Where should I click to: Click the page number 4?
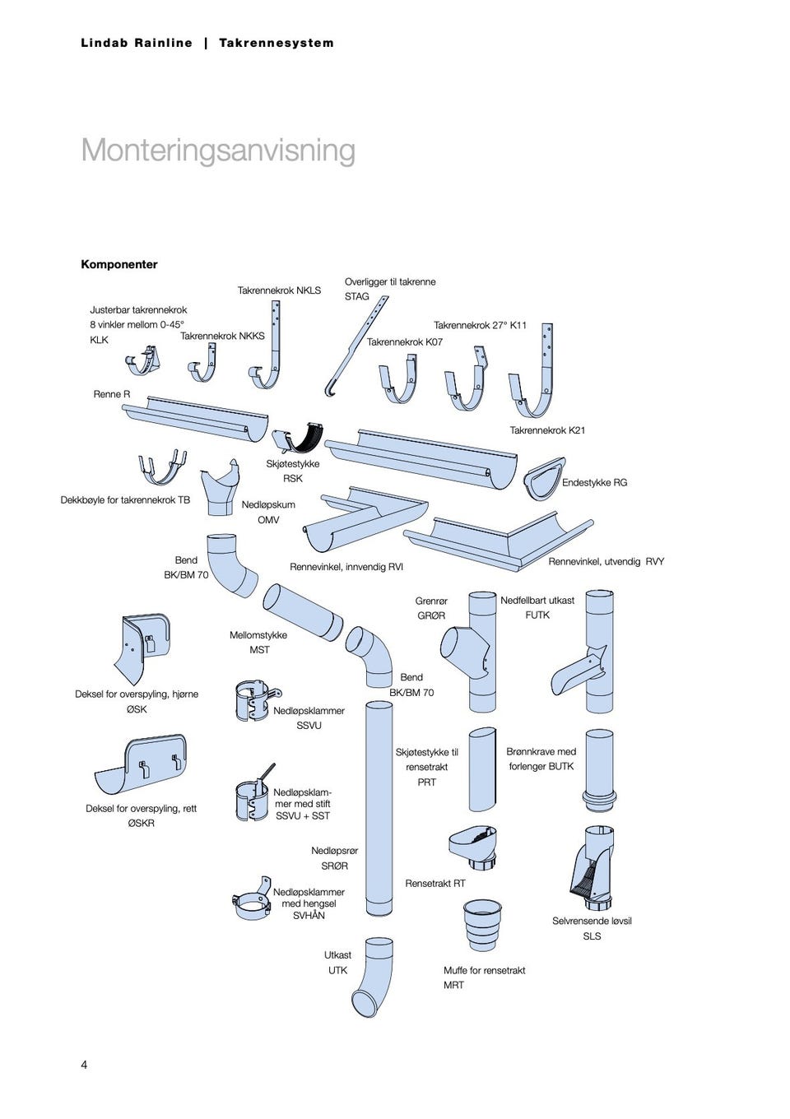tap(84, 1065)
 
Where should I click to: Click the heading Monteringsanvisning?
tap(218, 151)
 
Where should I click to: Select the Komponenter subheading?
tap(118, 264)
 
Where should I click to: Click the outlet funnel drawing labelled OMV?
tap(221, 489)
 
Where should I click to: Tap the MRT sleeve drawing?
tap(482, 925)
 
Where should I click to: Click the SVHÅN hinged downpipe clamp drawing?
tap(253, 900)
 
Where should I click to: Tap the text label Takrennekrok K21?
tap(547, 430)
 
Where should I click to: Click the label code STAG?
tap(356, 296)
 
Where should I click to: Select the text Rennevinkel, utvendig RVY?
tap(606, 561)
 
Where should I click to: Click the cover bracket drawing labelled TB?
tap(161, 467)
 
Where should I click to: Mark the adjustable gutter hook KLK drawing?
tap(142, 361)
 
